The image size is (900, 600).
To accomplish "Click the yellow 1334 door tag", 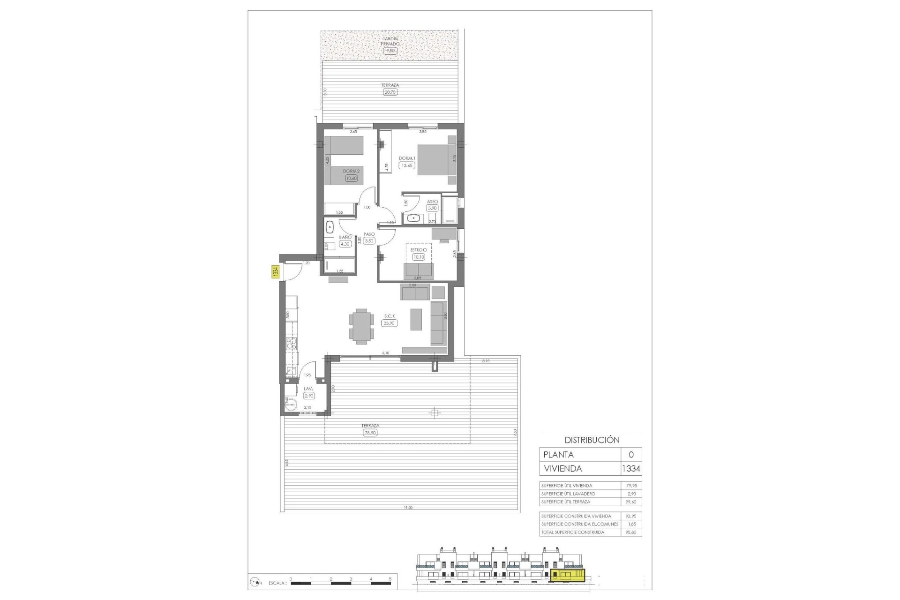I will click(276, 272).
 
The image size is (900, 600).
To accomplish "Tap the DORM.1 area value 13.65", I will click(407, 165).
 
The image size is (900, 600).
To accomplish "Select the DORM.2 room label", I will click(351, 171).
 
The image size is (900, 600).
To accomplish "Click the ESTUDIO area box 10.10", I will click(419, 257).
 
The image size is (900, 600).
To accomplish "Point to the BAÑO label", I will click(345, 237).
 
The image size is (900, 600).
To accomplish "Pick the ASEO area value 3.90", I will click(432, 208).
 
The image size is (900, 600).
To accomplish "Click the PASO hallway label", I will click(369, 234).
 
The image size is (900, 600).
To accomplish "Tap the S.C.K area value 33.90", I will click(390, 323).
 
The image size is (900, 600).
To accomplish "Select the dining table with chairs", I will click(361, 326).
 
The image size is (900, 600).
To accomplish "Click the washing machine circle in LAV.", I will click(291, 404).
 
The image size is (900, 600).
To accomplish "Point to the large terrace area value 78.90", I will click(370, 433).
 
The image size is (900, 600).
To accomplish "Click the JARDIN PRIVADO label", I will click(390, 41).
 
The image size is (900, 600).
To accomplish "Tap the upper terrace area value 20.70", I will click(390, 92).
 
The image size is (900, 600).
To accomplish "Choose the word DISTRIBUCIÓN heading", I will click(592, 440).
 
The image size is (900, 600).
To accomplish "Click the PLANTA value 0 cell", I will click(631, 455).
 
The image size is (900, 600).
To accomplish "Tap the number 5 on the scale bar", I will click(390, 579).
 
